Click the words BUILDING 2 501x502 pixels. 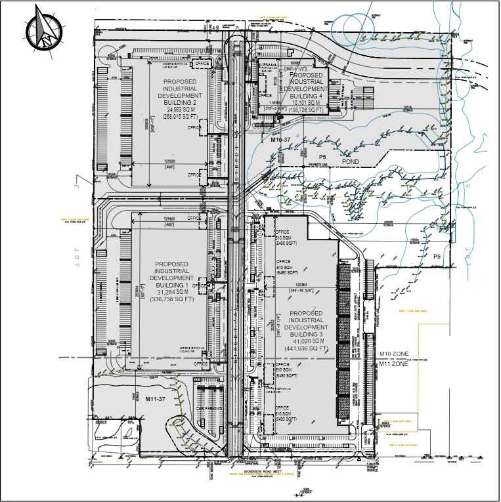click(180, 102)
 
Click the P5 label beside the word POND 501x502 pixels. click(322, 156)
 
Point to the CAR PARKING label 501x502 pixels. click(209, 409)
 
